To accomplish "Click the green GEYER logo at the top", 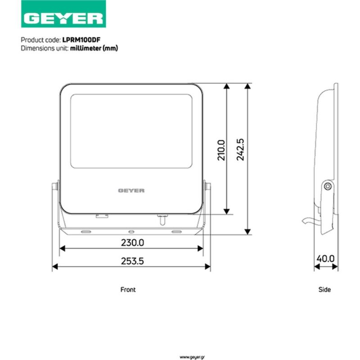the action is (63, 14).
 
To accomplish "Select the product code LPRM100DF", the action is (81, 40).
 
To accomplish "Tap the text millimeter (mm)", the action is (94, 48).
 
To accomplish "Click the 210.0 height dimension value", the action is (221, 150).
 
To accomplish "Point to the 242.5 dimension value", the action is (240, 149).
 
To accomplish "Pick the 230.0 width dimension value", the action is (132, 243).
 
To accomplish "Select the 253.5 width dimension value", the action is (132, 261).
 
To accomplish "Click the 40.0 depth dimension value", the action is (325, 259).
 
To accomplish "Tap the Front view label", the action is (128, 289).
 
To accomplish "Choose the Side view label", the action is (324, 289).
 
